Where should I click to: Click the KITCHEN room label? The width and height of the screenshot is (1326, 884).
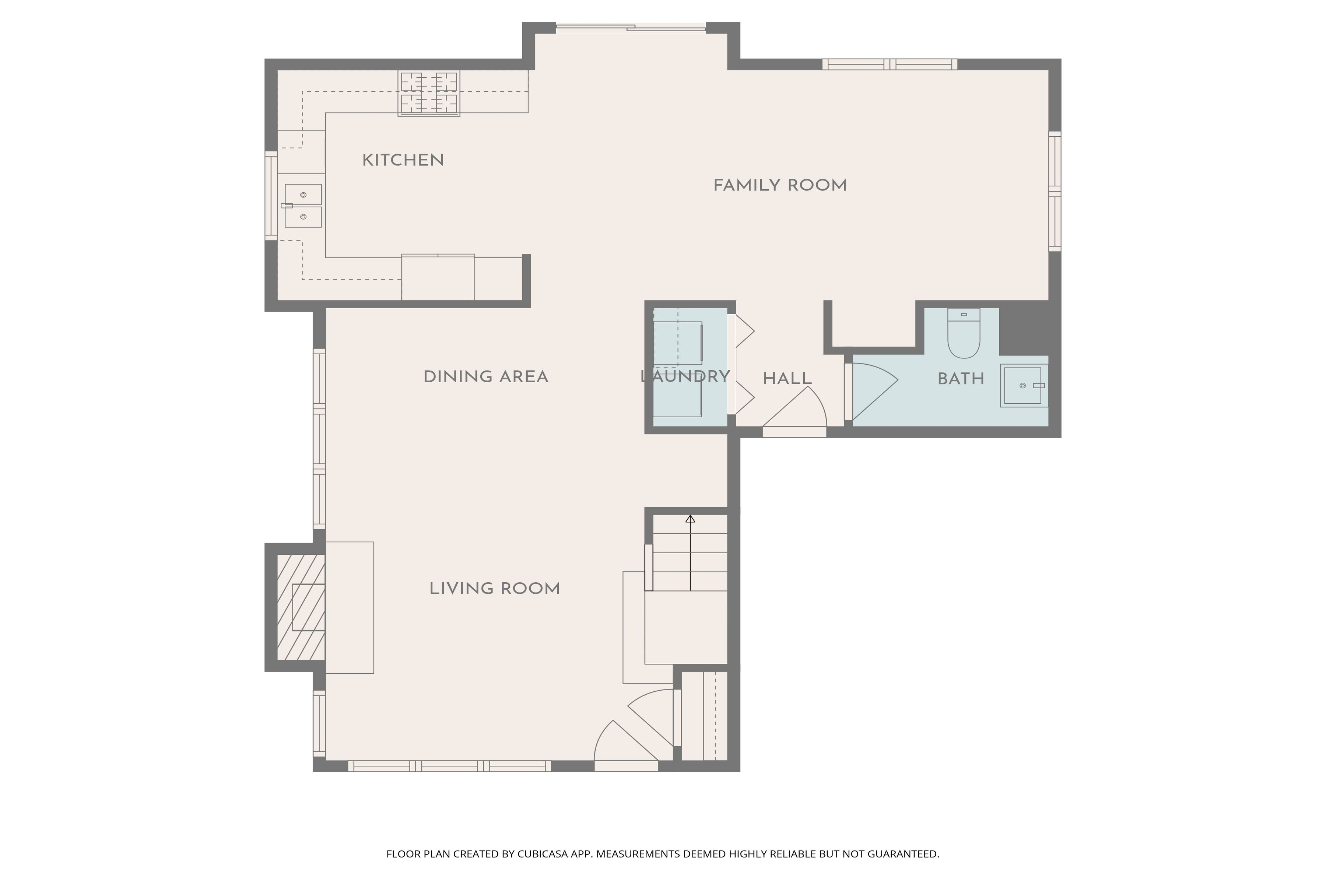point(403,160)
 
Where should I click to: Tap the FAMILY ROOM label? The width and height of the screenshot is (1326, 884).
point(780,186)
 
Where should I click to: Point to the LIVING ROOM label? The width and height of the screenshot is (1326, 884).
point(494,589)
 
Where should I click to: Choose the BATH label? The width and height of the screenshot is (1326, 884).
point(961,379)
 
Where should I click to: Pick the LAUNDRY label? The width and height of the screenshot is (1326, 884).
point(685,376)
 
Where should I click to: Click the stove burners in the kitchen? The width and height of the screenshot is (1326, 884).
point(428,93)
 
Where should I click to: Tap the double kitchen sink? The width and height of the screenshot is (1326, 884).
point(303,206)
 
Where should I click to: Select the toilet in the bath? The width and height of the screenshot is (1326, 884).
point(964,336)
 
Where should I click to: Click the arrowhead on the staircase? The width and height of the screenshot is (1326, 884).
point(690,519)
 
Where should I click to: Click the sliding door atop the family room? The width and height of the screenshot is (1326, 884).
point(631,27)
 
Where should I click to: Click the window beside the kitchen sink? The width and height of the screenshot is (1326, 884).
point(271,196)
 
